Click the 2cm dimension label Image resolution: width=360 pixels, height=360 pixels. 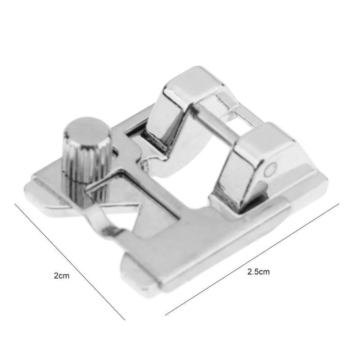(62, 275)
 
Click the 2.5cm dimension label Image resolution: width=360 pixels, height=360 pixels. (258, 272)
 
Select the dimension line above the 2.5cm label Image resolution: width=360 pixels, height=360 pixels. (252, 259)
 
